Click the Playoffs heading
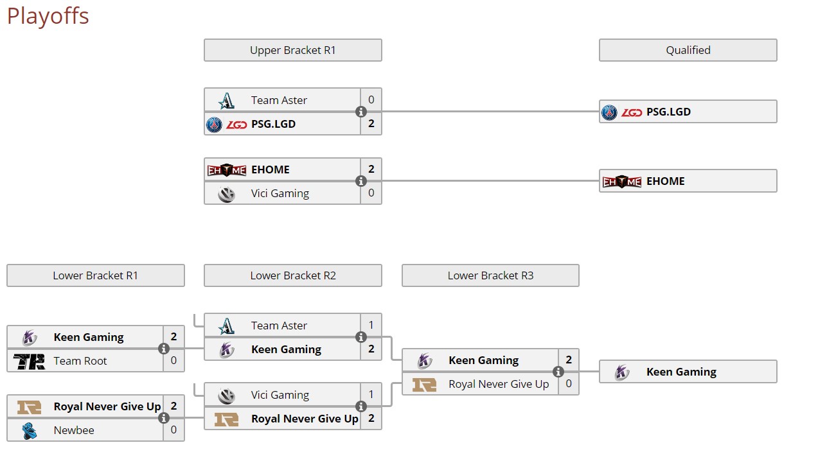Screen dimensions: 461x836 point(48,16)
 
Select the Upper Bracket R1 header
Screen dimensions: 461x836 point(292,50)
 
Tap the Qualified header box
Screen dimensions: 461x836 point(688,50)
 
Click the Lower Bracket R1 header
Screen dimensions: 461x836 point(95,275)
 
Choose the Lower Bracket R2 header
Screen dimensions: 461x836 point(292,275)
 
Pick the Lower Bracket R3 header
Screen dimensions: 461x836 point(490,275)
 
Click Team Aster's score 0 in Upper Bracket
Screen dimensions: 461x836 point(371,100)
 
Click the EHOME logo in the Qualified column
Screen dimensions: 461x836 point(621,182)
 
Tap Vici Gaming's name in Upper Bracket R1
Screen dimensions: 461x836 point(280,193)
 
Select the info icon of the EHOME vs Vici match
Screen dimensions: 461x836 point(361,182)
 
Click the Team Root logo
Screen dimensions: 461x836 point(29,361)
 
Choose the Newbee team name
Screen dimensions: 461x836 point(74,430)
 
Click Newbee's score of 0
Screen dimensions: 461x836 point(173,430)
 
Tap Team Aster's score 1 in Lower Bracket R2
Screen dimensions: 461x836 point(371,326)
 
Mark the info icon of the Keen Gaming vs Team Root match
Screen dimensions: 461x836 point(164,349)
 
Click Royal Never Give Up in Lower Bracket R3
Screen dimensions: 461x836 point(499,384)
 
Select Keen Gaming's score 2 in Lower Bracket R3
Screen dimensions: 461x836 point(569,360)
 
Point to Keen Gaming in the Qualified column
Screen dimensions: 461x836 point(681,372)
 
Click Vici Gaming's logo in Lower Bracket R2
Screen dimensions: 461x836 point(226,396)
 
